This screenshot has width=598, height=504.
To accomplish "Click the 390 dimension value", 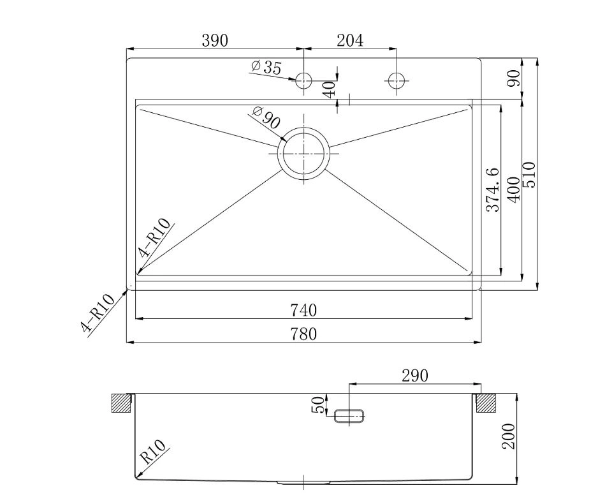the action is click(215, 40).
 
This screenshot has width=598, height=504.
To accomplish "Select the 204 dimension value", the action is click(350, 40).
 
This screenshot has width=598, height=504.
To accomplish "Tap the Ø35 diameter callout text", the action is click(266, 67).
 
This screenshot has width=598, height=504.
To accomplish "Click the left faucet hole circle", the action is click(303, 80).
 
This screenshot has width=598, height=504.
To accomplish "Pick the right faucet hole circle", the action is click(397, 80).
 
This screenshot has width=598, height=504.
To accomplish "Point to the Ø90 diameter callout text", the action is click(266, 117).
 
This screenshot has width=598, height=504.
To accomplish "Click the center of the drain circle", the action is click(303, 153).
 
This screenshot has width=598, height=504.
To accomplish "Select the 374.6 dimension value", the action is click(493, 190).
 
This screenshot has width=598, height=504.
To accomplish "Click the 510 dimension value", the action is click(529, 175).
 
